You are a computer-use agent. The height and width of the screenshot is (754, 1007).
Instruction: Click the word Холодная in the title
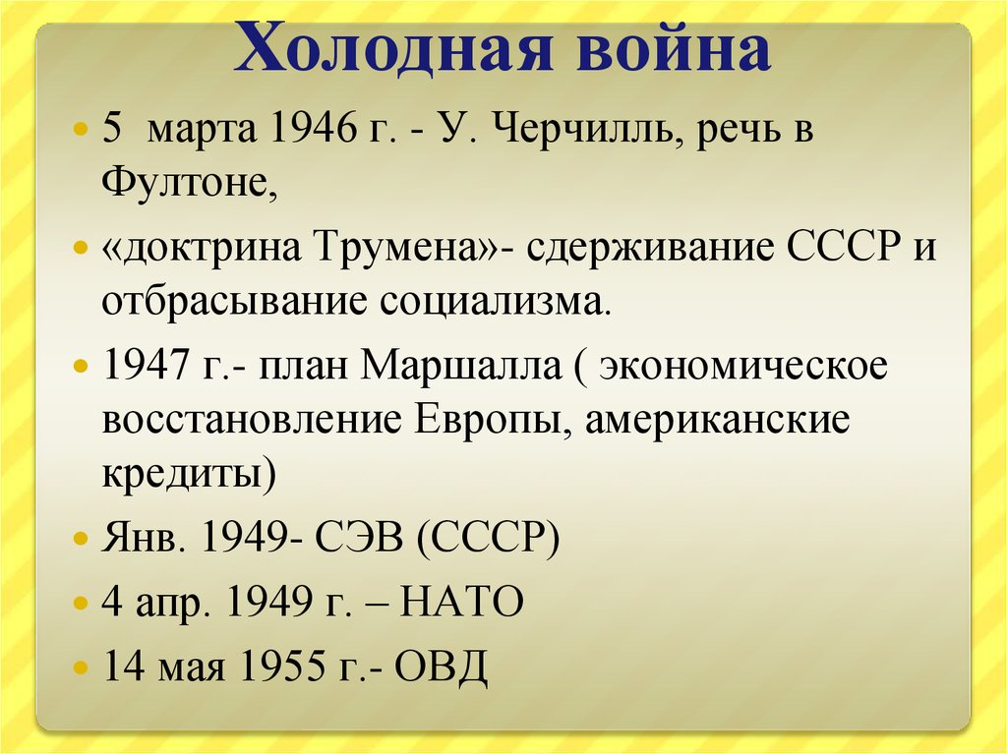click(x=393, y=47)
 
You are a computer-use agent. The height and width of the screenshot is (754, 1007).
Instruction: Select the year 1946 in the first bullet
click(x=313, y=127)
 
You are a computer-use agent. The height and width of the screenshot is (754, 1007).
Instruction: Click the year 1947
click(x=146, y=364)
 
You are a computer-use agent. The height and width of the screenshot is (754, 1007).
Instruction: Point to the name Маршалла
click(x=460, y=365)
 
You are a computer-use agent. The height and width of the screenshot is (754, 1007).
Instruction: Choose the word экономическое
click(x=743, y=366)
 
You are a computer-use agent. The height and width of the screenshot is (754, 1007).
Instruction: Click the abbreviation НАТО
click(x=462, y=602)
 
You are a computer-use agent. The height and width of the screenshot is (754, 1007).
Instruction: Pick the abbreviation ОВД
click(x=442, y=666)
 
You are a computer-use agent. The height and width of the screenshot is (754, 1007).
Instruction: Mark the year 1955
click(x=282, y=665)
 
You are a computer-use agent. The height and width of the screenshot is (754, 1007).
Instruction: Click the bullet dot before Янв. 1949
click(x=80, y=538)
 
